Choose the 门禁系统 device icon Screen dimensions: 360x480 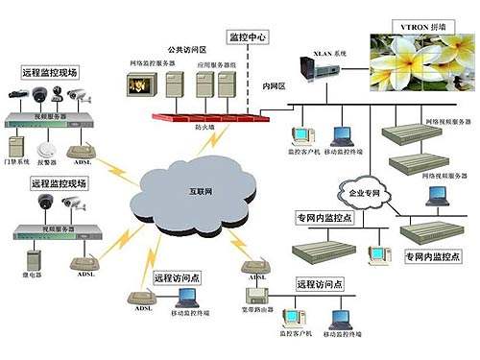16,146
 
